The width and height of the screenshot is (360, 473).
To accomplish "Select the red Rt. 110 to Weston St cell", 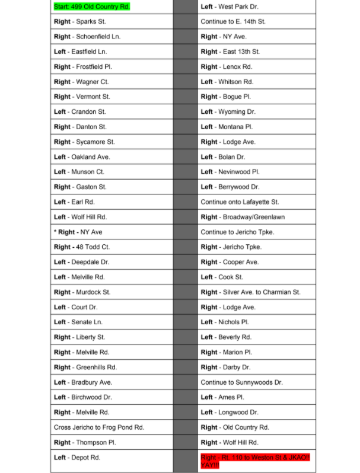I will (x=255, y=461).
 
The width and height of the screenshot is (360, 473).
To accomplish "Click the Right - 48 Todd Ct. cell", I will (x=82, y=247).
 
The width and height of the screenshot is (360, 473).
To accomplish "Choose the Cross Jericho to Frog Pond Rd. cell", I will (x=99, y=427).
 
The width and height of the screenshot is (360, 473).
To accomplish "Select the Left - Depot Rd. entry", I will (x=77, y=458).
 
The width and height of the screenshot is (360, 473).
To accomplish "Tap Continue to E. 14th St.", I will (x=233, y=21).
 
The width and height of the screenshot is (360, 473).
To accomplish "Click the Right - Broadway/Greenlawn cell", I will (x=242, y=217).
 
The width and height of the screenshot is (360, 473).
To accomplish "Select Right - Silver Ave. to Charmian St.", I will (x=250, y=292).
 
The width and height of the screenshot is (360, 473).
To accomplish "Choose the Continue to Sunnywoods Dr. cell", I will (x=241, y=382).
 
